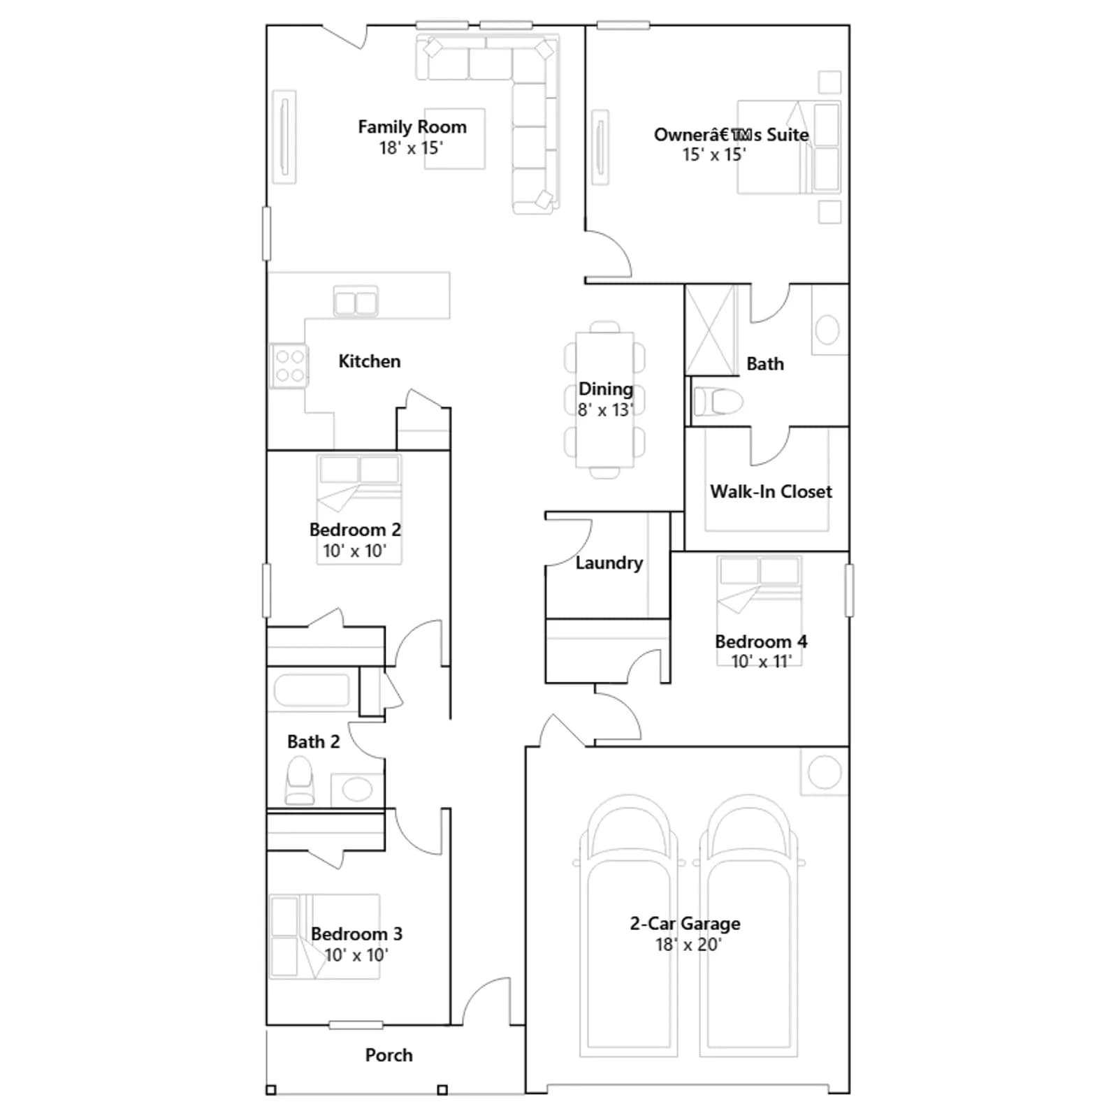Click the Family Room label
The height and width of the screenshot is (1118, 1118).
pos(412,126)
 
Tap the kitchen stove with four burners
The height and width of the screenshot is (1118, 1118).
pos(289,365)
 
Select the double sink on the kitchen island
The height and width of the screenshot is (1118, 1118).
pos(356,302)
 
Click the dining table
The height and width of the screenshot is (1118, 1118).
pos(604,400)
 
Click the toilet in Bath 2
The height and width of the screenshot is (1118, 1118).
pos(300,782)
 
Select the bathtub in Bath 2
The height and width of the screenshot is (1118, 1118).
pos(312,690)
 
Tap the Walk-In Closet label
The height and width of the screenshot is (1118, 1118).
pos(771,491)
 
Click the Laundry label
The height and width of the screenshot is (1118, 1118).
pos(609,562)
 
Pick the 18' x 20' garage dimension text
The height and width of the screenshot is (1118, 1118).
pos(688,944)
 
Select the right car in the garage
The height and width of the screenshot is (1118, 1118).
pos(748,925)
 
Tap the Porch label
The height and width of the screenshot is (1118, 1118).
pos(389,1054)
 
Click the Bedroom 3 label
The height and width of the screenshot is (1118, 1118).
pos(356,934)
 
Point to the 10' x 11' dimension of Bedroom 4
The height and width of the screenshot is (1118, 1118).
pos(761,661)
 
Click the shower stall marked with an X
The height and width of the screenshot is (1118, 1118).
pos(711,330)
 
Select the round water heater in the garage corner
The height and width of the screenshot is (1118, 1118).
pos(825,772)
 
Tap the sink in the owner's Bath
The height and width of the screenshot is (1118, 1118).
pos(827,330)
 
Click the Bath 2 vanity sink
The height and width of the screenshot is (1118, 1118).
pos(357,790)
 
